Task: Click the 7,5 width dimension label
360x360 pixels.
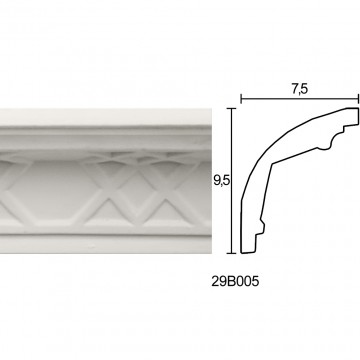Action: [x=300, y=89]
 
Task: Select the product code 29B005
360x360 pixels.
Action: [x=235, y=282]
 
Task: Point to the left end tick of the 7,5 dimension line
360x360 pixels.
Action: [x=241, y=99]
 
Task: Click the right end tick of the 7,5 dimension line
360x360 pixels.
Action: [x=358, y=99]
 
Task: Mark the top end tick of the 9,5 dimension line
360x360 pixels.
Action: [x=231, y=108]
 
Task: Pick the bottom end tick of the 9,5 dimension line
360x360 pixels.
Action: [x=231, y=253]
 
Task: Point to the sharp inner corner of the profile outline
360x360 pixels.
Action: [x=272, y=164]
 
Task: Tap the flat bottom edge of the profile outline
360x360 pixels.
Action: [x=248, y=253]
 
